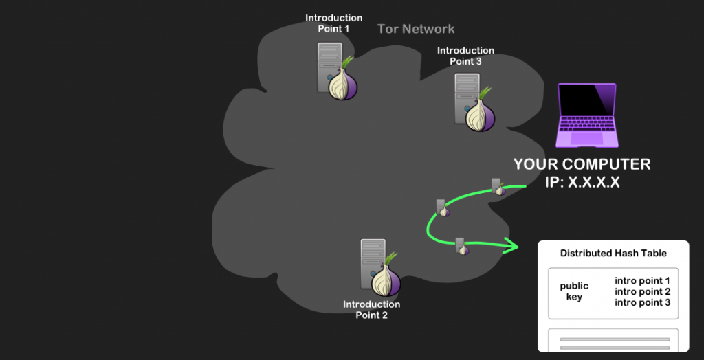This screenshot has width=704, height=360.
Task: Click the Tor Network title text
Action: pos(416,29)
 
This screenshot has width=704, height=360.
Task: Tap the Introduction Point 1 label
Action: pos(333,23)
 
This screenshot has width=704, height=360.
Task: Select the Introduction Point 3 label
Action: pos(465,56)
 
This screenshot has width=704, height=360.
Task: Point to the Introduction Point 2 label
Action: pos(371,309)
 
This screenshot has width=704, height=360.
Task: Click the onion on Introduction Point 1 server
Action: pos(342,83)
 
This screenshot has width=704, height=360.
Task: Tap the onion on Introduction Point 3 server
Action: pos(479,113)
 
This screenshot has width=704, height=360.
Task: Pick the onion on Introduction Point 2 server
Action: pos(386,278)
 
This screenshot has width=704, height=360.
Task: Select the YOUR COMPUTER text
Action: pos(582,165)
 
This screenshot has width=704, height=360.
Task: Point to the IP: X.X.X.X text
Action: pos(582,183)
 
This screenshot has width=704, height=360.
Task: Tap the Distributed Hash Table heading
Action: pos(613,253)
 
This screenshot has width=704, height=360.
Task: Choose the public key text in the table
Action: pos(574,291)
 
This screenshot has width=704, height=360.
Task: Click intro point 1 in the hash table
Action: pos(642,280)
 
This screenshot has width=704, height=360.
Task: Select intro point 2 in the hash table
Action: pos(642,291)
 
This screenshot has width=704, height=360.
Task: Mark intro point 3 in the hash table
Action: pos(642,302)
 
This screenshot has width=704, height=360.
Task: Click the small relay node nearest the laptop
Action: pos(498,186)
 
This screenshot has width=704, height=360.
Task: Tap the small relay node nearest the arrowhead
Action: pos(461,245)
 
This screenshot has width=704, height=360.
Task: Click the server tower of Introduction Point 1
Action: pos(329,67)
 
